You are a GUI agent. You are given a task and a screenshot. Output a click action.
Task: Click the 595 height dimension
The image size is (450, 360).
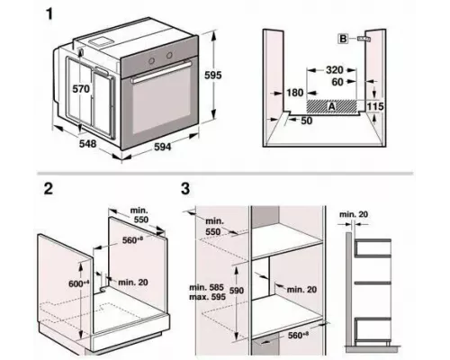pos(213,75)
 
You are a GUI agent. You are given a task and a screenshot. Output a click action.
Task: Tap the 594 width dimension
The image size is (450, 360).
pos(163,147)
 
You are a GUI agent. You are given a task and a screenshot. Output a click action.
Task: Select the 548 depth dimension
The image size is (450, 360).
pos(88,144)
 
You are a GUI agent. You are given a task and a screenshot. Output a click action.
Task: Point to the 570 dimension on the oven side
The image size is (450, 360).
pos(81,89)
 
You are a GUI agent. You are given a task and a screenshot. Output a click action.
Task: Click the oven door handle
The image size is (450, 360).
pos(161,72)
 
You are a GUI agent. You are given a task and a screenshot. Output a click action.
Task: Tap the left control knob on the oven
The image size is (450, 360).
pos(152,61)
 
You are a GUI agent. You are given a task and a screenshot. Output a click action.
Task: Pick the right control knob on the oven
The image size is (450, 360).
pos(169,55)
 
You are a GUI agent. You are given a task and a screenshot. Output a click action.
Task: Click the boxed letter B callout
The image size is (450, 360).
pos(343,39)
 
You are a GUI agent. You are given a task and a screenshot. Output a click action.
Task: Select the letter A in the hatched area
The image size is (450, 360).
pos(331,106)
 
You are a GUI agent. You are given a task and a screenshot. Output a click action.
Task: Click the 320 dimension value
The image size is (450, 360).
pos(335,70)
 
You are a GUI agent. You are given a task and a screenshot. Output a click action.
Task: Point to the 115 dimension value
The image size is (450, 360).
pos(375,106)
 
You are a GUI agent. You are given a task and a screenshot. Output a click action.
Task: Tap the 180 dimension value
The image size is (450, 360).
pos(295,93)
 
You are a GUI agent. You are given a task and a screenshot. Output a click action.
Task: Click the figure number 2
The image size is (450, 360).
pos(49,188)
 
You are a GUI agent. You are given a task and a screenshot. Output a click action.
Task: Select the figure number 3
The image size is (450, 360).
pos(185,189)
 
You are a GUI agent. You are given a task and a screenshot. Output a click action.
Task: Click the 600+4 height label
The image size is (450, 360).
pos(79,283)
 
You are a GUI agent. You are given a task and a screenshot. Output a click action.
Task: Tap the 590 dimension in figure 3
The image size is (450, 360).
pos(237,291)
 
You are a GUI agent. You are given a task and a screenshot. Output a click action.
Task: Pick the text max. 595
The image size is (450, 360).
pos(207,297)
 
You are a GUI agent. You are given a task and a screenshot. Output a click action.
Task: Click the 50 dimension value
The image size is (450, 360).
pos(306,121)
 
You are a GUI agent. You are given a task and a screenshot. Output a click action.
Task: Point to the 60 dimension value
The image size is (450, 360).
pos(337,82)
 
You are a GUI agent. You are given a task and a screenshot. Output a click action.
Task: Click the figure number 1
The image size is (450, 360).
pos(49,13)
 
